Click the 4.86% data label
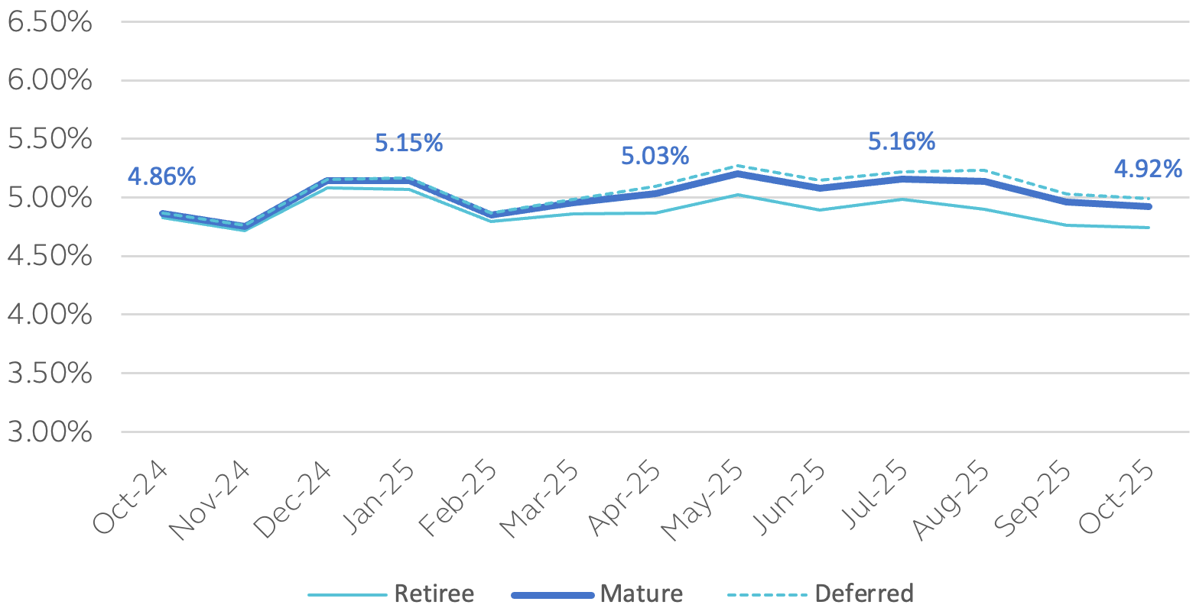pyautogui.click(x=161, y=176)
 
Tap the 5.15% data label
pyautogui.click(x=408, y=143)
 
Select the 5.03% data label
pyautogui.click(x=655, y=157)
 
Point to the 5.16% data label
pyautogui.click(x=902, y=141)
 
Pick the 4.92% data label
pyautogui.click(x=1148, y=169)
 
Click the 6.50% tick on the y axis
pyautogui.click(x=50, y=22)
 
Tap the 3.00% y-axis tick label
pyautogui.click(x=50, y=432)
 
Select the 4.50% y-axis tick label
pyautogui.click(x=50, y=257)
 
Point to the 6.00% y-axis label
pyautogui.click(x=50, y=81)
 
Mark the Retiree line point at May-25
pyautogui.click(x=737, y=195)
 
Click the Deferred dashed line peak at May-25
pyautogui.click(x=737, y=165)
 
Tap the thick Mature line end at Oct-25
pyautogui.click(x=1149, y=206)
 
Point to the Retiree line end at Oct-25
pyautogui.click(x=1149, y=228)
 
